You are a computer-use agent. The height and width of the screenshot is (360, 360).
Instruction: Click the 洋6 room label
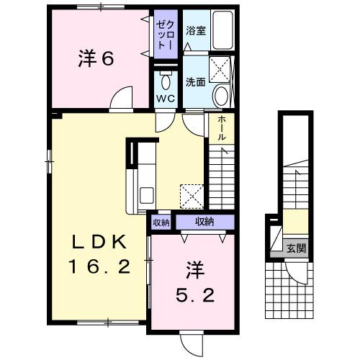pos(96,60)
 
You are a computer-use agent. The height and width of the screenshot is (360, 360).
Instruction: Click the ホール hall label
pos(222,127)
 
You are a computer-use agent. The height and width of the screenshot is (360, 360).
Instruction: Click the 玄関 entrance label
pos(296,248)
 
